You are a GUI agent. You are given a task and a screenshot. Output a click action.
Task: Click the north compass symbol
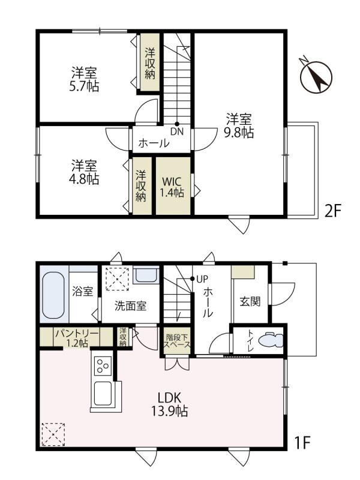[x=317, y=76]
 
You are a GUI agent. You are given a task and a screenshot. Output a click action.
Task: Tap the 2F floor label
[x=332, y=211]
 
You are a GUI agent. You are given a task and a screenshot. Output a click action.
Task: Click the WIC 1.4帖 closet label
[x=173, y=187]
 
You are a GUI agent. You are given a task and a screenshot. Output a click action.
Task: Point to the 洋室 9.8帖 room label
[x=239, y=125]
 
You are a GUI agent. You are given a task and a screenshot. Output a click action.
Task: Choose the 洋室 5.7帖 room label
[x=85, y=79]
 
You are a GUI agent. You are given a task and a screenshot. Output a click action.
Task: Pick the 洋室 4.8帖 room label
[x=84, y=172]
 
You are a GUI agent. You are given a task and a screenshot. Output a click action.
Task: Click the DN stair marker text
[x=177, y=131]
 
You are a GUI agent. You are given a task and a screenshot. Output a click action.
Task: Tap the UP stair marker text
[x=202, y=279]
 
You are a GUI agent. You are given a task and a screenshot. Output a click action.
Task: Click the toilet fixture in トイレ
[x=271, y=340]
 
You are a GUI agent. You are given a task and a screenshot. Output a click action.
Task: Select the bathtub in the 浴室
[x=53, y=295]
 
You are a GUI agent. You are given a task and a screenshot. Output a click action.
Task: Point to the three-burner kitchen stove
[x=103, y=366]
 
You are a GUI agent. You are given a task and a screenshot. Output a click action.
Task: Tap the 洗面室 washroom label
[x=130, y=306]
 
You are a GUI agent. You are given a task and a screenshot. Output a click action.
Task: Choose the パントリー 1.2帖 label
[x=77, y=338]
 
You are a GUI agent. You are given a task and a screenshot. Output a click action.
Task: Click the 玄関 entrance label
[x=250, y=302]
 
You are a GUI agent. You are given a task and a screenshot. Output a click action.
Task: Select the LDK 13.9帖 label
[x=170, y=404]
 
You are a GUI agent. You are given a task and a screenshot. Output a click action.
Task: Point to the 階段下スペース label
[x=177, y=341]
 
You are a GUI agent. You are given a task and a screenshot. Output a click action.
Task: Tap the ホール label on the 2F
[x=154, y=143]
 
